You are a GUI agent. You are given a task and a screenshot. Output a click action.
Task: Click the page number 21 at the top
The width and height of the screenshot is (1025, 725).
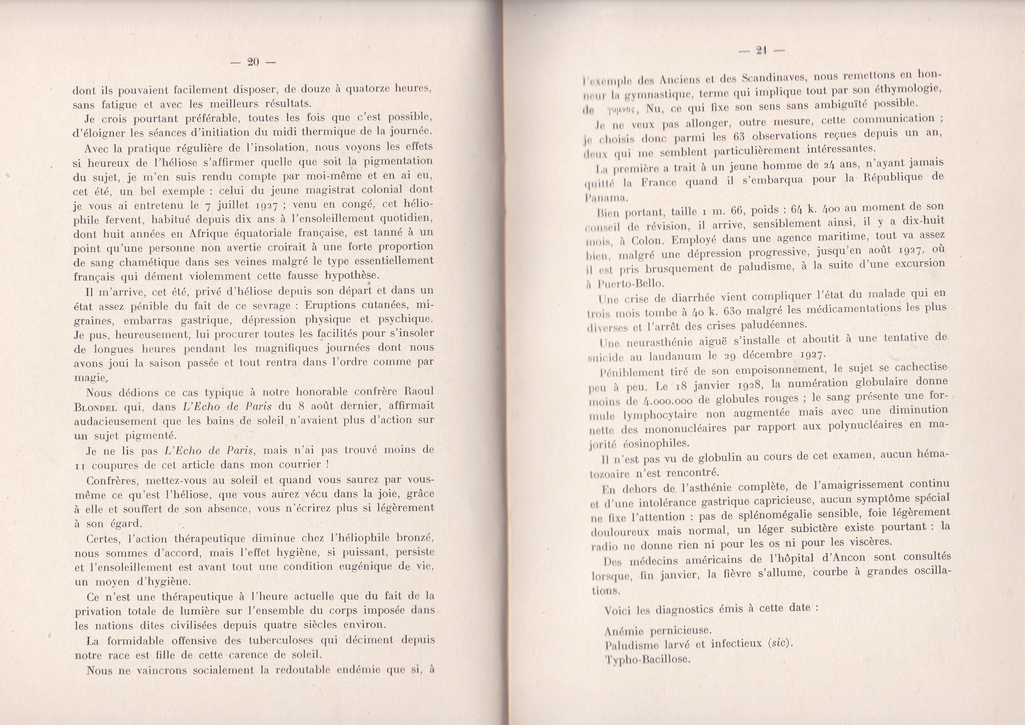coord(762,51)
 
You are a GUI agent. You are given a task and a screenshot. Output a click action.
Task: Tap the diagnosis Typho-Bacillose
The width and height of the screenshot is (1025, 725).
coord(647,660)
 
